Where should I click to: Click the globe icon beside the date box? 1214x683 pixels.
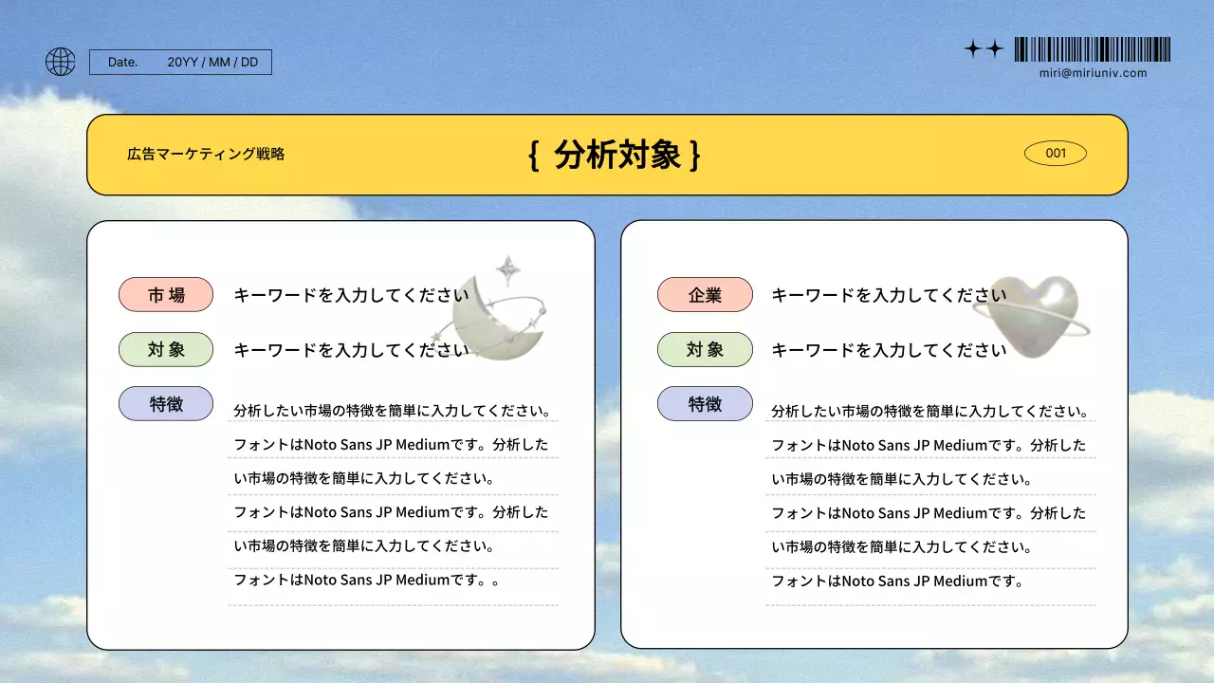tap(60, 62)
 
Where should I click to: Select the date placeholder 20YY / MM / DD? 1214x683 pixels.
tap(212, 63)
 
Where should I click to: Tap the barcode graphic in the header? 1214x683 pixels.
tap(1092, 49)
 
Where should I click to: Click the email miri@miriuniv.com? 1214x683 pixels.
tap(1093, 73)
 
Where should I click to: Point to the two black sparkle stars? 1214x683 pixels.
tap(984, 49)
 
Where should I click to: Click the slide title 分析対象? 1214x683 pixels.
tap(617, 155)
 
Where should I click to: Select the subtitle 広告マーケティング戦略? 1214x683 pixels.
tap(206, 154)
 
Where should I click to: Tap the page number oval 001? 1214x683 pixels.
tap(1055, 153)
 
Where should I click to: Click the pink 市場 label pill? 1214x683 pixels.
tap(166, 294)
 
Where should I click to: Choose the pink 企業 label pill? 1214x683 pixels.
tap(705, 294)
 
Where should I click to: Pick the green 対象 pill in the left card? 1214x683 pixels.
tap(166, 349)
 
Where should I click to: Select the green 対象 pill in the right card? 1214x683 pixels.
tap(705, 349)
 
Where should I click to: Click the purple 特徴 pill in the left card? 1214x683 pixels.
tap(166, 404)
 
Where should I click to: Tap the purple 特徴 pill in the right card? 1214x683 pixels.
tap(705, 404)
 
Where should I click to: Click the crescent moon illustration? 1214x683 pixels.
tap(493, 323)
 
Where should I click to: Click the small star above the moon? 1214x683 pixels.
tap(508, 269)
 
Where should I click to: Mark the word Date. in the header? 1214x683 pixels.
tap(122, 63)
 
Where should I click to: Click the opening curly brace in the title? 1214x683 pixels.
tap(534, 155)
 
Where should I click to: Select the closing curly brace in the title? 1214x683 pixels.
tap(695, 155)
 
